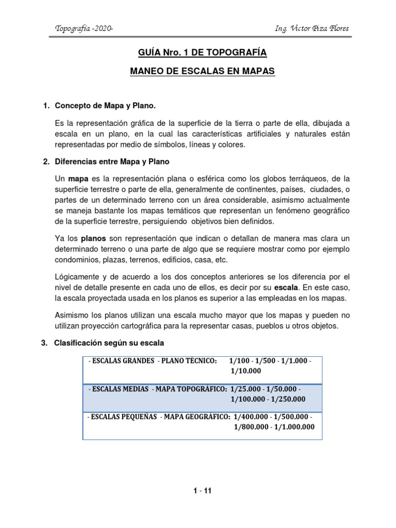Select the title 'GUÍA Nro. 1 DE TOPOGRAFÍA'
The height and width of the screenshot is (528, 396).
(x=202, y=53)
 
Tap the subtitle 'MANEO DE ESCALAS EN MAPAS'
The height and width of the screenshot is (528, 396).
(x=202, y=72)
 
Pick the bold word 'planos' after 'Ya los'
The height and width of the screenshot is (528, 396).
(x=93, y=238)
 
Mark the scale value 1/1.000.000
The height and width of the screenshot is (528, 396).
(x=292, y=426)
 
